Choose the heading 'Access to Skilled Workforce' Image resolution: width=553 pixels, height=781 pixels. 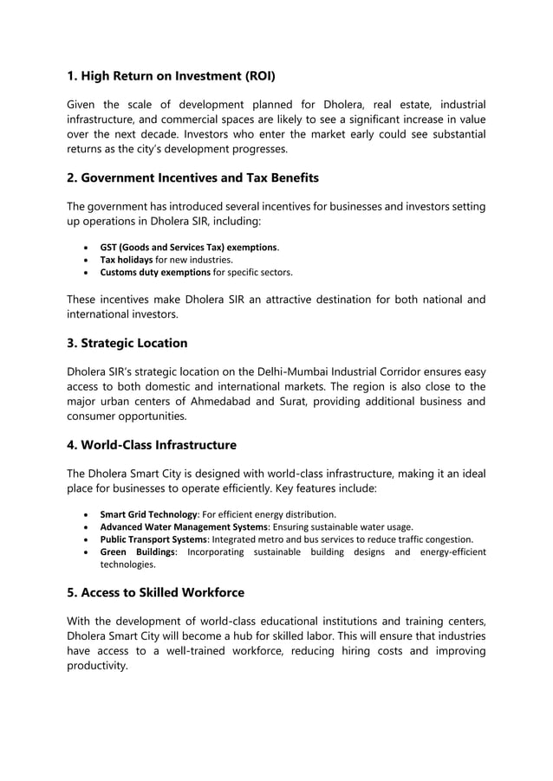(x=155, y=593)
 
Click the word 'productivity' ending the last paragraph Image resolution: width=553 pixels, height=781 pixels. (x=96, y=666)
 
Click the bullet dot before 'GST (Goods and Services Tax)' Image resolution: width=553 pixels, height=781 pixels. (x=84, y=247)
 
